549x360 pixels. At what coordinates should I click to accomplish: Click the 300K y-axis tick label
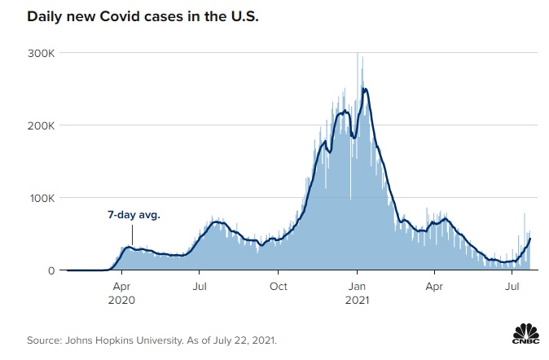tap(42, 53)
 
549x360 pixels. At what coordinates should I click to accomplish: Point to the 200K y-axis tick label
tap(42, 125)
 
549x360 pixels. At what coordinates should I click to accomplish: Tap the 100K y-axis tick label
tap(42, 198)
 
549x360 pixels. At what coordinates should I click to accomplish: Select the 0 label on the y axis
tap(51, 270)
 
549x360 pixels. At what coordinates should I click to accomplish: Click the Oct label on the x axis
tap(279, 287)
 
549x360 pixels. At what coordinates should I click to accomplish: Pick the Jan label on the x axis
tap(357, 287)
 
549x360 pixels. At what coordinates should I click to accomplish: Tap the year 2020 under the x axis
tap(121, 300)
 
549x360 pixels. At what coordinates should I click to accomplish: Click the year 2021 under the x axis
tap(357, 300)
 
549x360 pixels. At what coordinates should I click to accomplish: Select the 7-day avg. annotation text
tap(134, 216)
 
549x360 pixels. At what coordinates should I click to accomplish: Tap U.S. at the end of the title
tap(243, 16)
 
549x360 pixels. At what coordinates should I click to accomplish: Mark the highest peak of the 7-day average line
tap(365, 89)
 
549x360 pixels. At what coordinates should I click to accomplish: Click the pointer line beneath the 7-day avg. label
tap(131, 235)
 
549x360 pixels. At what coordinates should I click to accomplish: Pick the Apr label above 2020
tap(121, 287)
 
